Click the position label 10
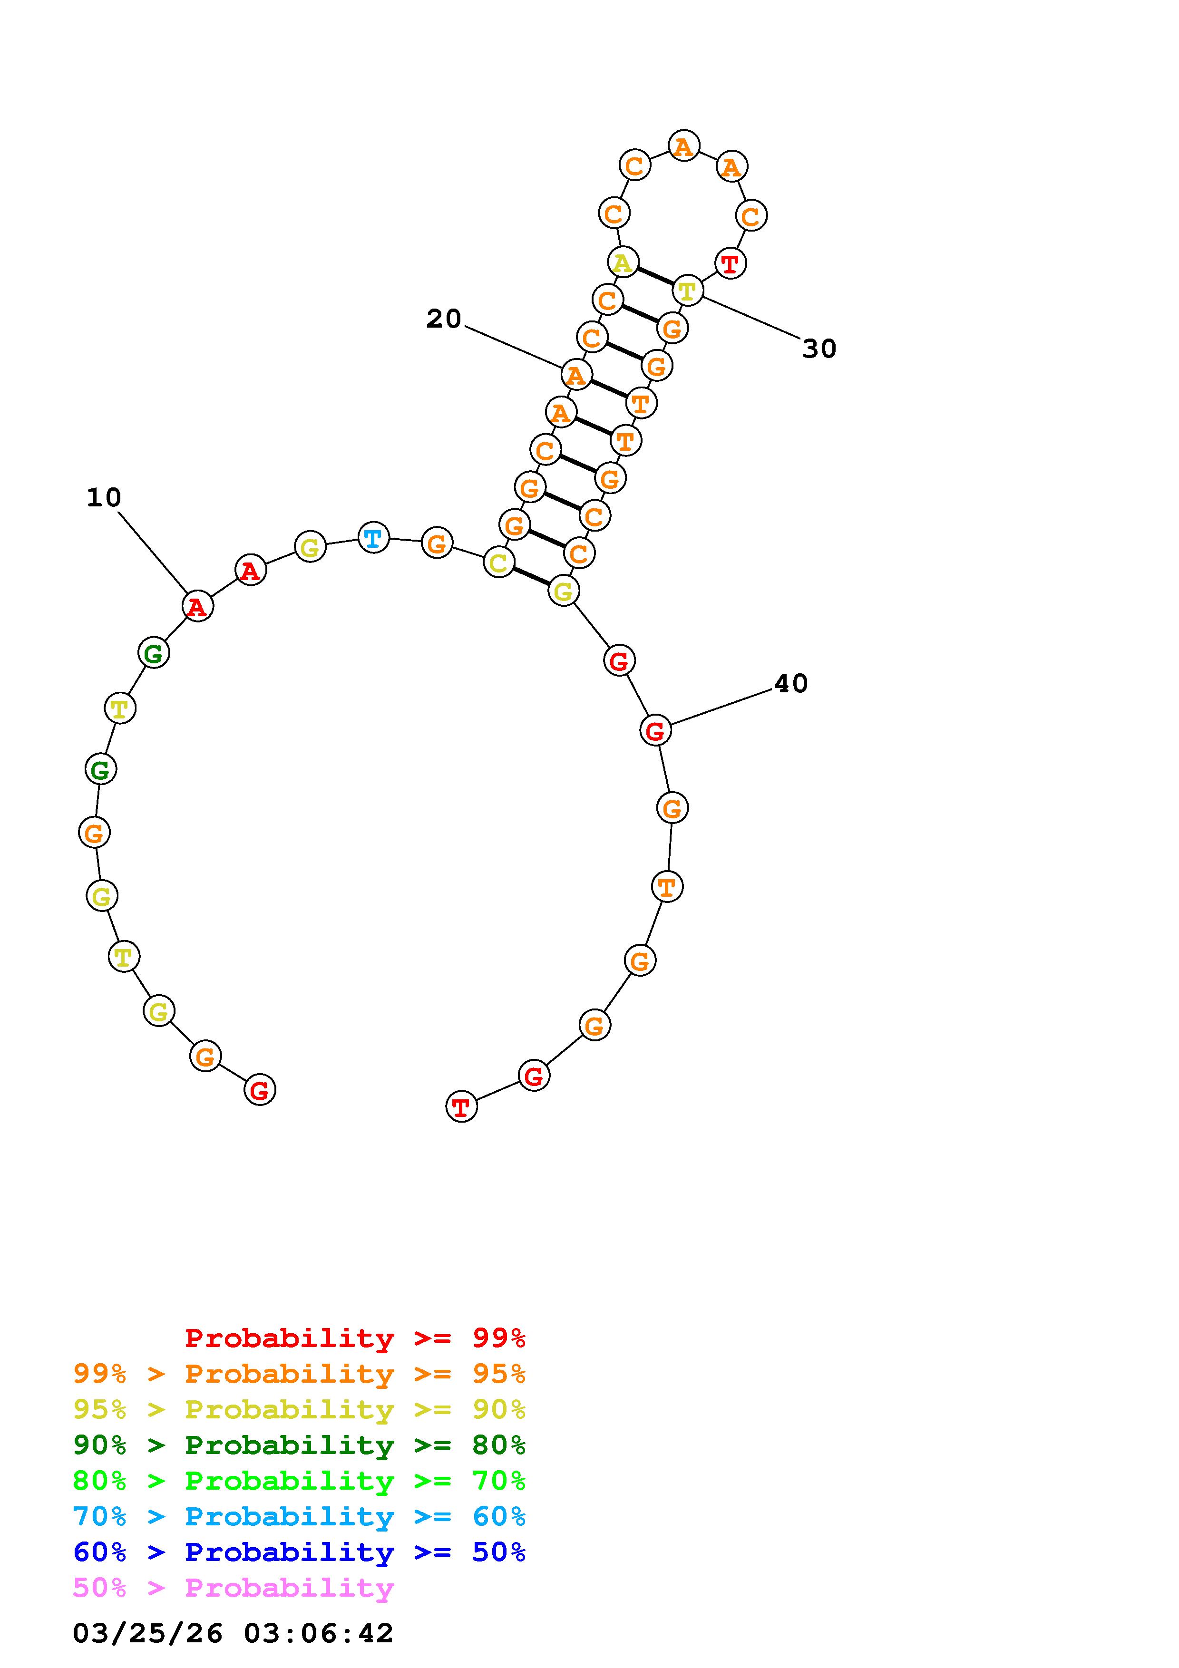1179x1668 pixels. [104, 498]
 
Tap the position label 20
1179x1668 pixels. [444, 319]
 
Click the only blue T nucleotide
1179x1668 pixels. [373, 538]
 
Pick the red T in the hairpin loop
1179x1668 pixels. [730, 262]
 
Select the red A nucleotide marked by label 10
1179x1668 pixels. [197, 606]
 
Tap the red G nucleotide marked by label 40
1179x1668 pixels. [655, 730]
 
